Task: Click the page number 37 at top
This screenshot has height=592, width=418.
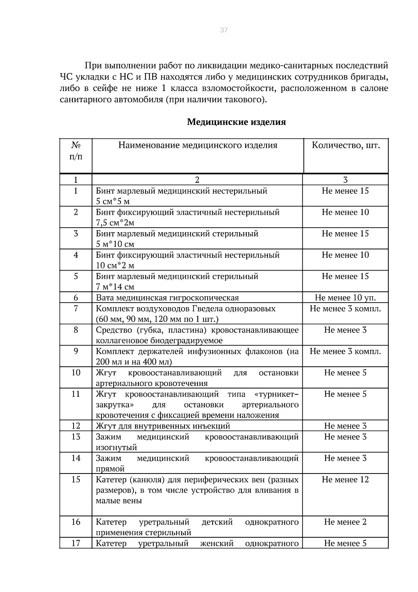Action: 224,30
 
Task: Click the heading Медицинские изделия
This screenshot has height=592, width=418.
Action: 236,122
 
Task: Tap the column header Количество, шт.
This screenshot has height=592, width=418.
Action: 345,145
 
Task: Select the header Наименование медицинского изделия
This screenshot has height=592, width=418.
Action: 198,145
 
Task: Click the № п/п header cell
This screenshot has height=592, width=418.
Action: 76,151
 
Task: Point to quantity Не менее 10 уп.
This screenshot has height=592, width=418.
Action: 345,298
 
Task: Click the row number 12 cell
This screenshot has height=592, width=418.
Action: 76,426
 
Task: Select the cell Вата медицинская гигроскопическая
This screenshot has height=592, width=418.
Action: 167,298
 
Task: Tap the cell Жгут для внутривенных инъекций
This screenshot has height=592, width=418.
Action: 163,426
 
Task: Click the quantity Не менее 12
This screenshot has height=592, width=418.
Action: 345,479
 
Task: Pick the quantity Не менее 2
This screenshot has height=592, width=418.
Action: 345,522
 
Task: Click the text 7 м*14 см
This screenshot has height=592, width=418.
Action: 115,287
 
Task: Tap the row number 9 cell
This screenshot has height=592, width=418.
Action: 76,351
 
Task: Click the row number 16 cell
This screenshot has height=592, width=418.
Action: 76,522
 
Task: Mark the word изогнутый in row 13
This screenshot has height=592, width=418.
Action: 116,447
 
